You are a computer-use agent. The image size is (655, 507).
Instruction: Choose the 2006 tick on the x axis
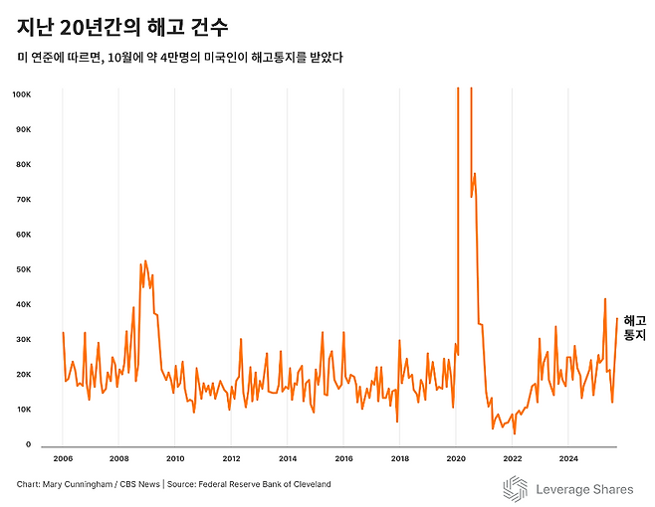click(x=63, y=459)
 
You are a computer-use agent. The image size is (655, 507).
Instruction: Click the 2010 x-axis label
click(x=175, y=459)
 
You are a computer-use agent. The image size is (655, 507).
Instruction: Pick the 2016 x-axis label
click(x=343, y=459)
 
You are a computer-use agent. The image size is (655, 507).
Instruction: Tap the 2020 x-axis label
click(x=456, y=459)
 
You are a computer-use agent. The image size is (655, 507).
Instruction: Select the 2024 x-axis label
click(x=568, y=459)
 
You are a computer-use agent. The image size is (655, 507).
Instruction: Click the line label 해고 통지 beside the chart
click(x=634, y=328)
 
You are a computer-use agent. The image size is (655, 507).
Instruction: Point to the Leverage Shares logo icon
click(x=514, y=488)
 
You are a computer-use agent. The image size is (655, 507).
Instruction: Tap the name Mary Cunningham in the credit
click(x=80, y=484)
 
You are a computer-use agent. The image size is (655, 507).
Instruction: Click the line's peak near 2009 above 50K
click(x=145, y=261)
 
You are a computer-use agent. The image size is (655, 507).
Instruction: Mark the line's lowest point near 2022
click(x=515, y=433)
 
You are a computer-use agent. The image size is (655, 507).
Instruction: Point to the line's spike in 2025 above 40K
click(x=605, y=298)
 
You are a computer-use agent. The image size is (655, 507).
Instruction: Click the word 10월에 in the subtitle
click(x=132, y=57)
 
